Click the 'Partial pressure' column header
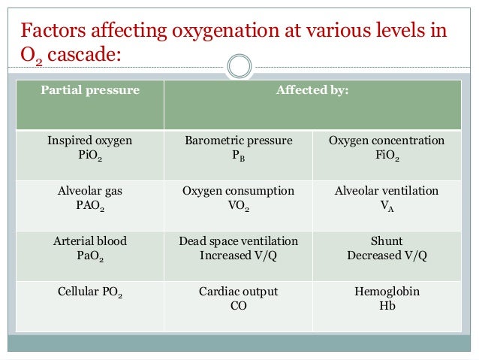[90, 91]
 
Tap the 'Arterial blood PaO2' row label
[90, 249]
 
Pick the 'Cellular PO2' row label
[90, 292]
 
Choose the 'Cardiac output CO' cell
[239, 298]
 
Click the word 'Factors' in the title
[52, 32]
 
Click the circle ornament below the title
[239, 66]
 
